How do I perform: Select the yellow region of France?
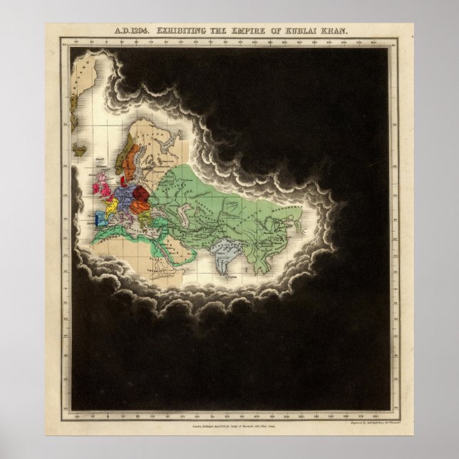click(x=111, y=207)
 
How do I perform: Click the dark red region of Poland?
click(x=140, y=194)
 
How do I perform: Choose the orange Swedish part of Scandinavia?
click(x=131, y=167)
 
